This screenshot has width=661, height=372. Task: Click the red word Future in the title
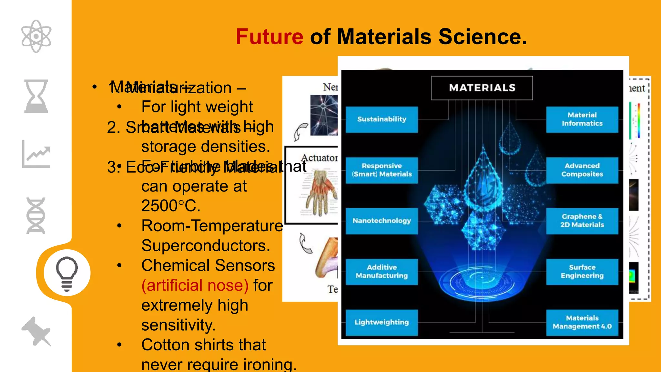(x=269, y=36)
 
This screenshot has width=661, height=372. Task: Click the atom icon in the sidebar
(x=36, y=36)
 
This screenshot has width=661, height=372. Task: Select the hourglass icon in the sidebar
(x=36, y=96)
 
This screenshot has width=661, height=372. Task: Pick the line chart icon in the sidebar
(x=36, y=154)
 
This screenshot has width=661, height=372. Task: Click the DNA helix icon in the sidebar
(x=36, y=215)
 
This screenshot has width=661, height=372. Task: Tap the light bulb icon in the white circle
(x=67, y=273)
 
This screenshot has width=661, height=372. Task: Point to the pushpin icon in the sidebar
(x=36, y=331)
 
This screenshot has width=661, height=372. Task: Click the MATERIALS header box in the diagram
(x=482, y=88)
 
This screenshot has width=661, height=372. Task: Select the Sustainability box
(x=381, y=119)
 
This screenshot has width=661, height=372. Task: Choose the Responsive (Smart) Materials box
(x=381, y=170)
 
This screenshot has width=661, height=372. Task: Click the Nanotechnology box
(x=381, y=221)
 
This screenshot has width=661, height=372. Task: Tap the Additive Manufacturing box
(x=381, y=272)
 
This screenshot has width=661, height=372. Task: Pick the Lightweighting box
(x=381, y=322)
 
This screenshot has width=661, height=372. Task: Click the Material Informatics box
(x=582, y=119)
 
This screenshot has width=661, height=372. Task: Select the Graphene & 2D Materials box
(x=582, y=221)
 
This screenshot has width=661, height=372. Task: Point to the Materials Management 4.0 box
(x=582, y=322)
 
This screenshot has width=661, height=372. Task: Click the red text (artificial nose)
(x=195, y=285)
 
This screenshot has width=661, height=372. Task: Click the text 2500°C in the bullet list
(x=171, y=206)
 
